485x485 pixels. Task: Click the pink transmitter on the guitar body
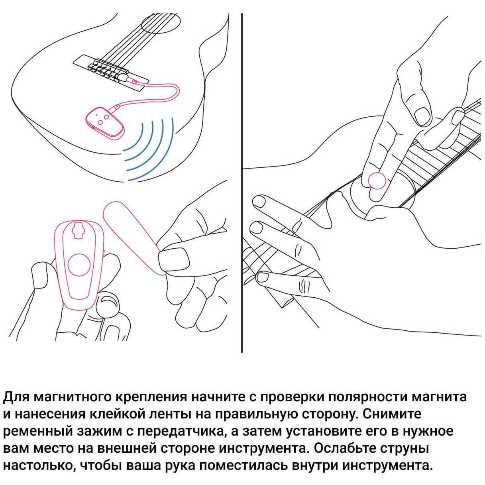pyautogui.click(x=105, y=122)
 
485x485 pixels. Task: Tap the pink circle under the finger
pyautogui.click(x=377, y=181)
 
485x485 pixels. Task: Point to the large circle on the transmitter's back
pyautogui.click(x=79, y=264)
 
